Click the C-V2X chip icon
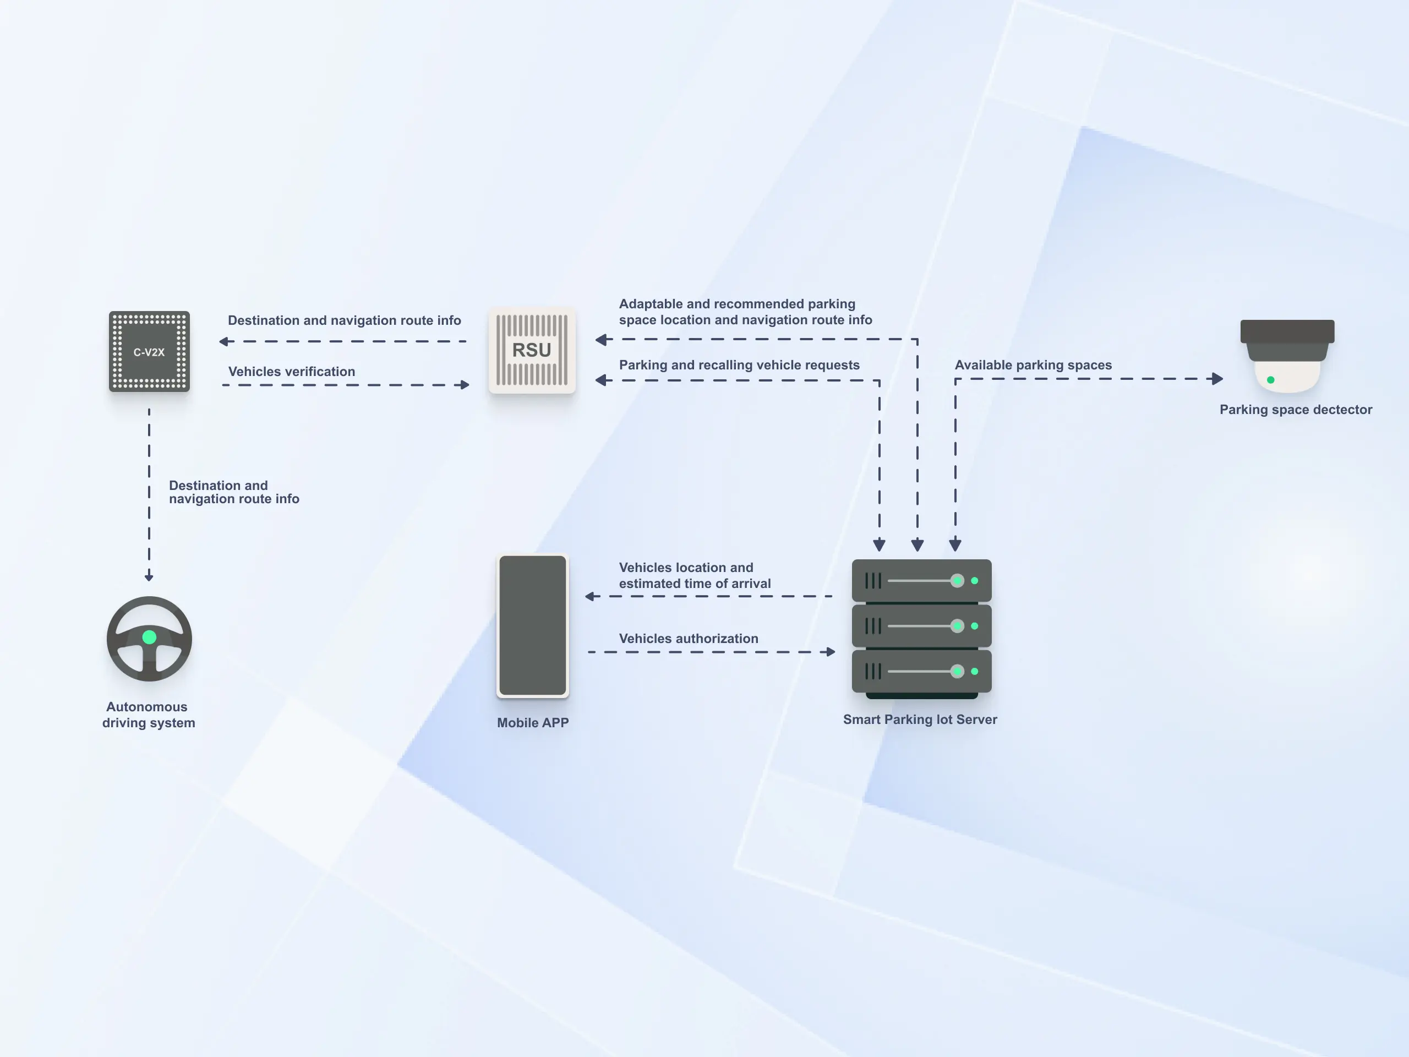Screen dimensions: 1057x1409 [149, 351]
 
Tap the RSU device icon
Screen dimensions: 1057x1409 [532, 351]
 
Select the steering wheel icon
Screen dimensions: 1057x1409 [149, 639]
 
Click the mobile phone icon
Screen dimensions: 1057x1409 [533, 625]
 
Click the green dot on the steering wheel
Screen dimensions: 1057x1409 [149, 637]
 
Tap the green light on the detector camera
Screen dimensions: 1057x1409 [1271, 380]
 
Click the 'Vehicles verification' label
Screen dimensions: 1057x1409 [292, 372]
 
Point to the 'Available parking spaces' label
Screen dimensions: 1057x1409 [1033, 365]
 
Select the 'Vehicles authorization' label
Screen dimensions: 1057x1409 [689, 639]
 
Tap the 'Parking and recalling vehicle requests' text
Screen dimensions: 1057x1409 [739, 365]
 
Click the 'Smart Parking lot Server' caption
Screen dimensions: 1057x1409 [920, 720]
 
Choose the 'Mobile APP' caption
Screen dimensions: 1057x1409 [533, 722]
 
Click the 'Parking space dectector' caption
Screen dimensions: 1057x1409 [1296, 410]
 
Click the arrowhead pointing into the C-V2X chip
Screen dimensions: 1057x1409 [224, 341]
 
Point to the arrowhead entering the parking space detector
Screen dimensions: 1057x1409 [1217, 378]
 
